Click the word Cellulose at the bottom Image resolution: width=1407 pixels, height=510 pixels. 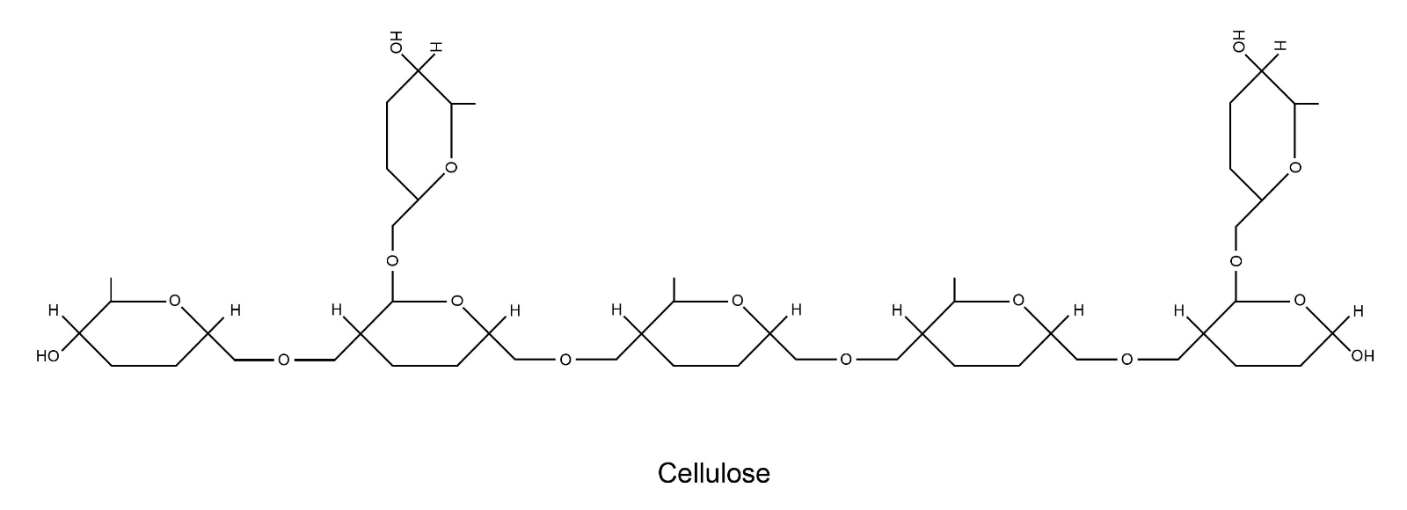tap(713, 473)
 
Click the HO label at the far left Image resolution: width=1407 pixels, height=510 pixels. tap(47, 357)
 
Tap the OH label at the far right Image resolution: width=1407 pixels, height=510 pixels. tap(1362, 356)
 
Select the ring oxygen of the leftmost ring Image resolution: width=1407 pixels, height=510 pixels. tap(175, 301)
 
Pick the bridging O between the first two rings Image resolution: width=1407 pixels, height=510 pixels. tap(283, 360)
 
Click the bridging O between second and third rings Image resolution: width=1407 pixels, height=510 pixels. tap(565, 360)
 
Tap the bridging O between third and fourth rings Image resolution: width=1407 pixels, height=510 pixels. tap(846, 360)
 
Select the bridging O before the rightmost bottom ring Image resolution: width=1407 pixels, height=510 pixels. tap(1126, 360)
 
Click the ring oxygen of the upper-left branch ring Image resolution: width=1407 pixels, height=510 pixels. tap(451, 168)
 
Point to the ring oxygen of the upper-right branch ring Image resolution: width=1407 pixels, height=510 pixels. tap(1294, 168)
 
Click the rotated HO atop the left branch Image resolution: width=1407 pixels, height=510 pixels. tap(397, 42)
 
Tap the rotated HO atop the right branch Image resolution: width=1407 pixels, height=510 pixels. tap(1239, 41)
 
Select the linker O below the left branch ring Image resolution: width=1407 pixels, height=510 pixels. tap(392, 260)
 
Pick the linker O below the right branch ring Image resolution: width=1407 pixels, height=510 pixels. tap(1236, 260)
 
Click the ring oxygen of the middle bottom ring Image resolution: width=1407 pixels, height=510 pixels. tap(738, 301)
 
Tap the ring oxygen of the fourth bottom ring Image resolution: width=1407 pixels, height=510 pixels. tap(1018, 301)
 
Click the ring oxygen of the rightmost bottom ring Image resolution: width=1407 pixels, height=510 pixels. tap(1300, 301)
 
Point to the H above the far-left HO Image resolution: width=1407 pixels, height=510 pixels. tap(54, 310)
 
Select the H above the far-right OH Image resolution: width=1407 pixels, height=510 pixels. tap(1358, 311)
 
